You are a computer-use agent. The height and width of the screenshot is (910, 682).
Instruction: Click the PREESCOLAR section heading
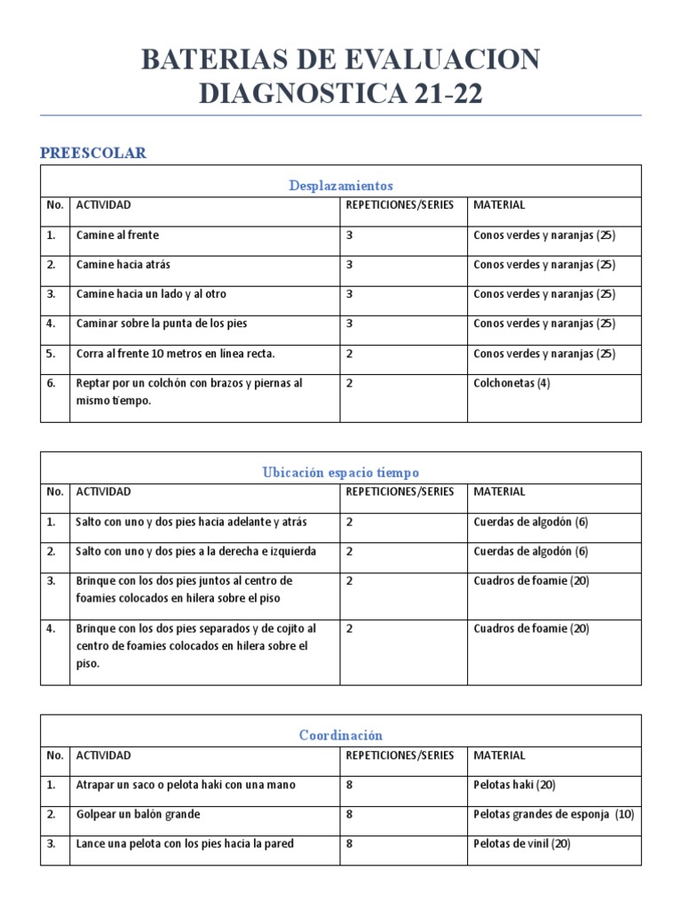click(x=93, y=153)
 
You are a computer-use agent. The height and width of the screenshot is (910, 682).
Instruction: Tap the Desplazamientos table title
click(x=341, y=185)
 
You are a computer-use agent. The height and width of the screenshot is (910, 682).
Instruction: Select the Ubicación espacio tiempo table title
click(x=341, y=473)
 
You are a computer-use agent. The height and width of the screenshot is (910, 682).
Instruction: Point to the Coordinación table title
click(x=341, y=735)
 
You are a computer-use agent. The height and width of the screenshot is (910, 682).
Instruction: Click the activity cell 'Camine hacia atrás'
click(x=123, y=265)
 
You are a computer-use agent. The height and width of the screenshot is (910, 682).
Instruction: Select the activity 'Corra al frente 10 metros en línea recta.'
click(x=176, y=354)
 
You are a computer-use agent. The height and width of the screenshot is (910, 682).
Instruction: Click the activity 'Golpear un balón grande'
click(x=138, y=814)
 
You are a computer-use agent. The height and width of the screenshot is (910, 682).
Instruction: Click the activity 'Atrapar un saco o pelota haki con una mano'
click(x=186, y=785)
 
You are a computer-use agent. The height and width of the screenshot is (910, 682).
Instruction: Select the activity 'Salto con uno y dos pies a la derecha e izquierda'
click(x=195, y=551)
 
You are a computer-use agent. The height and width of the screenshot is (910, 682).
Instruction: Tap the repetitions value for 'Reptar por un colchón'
click(x=350, y=383)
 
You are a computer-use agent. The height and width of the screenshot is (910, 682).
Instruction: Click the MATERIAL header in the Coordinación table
click(x=499, y=755)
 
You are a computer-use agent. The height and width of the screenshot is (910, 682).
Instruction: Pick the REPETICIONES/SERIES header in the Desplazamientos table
click(x=400, y=204)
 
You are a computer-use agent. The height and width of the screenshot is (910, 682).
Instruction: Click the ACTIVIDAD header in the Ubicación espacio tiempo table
click(x=103, y=491)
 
